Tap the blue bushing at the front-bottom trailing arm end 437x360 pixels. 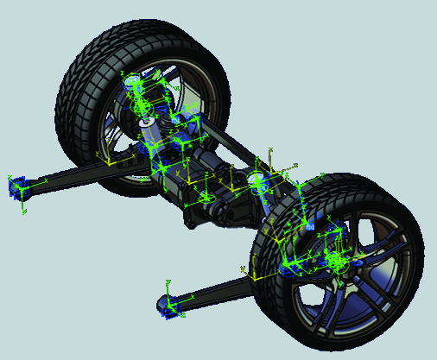tap(170, 306)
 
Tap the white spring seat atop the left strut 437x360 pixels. tap(133, 84)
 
